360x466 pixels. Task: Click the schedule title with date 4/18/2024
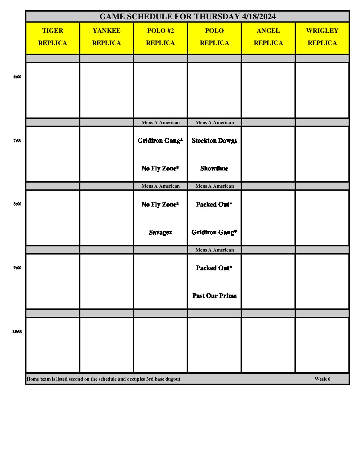(x=187, y=17)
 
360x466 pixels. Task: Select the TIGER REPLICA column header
(x=53, y=37)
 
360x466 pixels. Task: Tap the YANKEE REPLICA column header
(x=107, y=37)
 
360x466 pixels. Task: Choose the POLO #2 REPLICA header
(x=160, y=37)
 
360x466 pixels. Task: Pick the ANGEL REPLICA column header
(x=268, y=37)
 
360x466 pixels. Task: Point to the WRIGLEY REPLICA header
(x=322, y=37)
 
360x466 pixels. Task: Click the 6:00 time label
(x=17, y=77)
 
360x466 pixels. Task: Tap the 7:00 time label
(x=17, y=140)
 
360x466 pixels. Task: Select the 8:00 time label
(x=17, y=204)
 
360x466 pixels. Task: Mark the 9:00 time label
(x=17, y=268)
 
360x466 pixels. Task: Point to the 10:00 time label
(x=17, y=331)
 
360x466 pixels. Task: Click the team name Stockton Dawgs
(x=214, y=141)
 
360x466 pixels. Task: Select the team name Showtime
(x=214, y=168)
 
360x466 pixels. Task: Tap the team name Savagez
(x=160, y=232)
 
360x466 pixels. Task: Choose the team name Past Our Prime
(x=214, y=296)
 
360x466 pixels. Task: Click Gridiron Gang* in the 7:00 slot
(x=160, y=141)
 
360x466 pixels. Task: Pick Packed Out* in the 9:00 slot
(x=214, y=268)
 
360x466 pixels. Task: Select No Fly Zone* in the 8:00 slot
(x=160, y=205)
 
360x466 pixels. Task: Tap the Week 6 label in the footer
(x=322, y=379)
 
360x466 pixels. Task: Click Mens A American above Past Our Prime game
(x=214, y=250)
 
